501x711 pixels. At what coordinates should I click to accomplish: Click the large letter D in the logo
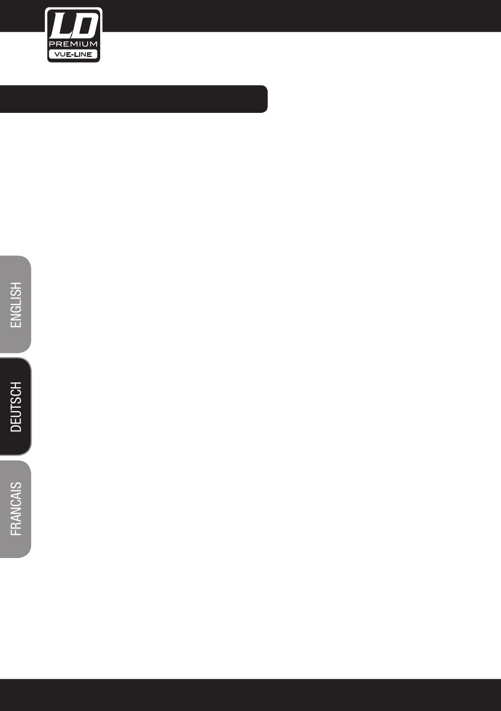84,26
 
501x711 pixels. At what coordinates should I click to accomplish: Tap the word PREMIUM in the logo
73,44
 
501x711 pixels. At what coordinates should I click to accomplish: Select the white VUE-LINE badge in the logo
73,54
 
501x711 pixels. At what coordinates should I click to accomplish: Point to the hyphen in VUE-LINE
72,54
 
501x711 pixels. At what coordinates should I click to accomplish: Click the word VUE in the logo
62,54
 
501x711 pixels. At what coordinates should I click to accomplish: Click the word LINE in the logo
83,54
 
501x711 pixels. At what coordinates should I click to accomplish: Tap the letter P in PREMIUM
52,44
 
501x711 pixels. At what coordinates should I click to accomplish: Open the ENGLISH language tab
16,305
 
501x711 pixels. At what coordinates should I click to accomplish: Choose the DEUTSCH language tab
16,407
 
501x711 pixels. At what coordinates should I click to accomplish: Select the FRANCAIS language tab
16,509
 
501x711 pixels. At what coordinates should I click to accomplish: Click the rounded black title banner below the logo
133,99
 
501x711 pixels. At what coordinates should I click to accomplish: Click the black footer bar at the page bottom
250,695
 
